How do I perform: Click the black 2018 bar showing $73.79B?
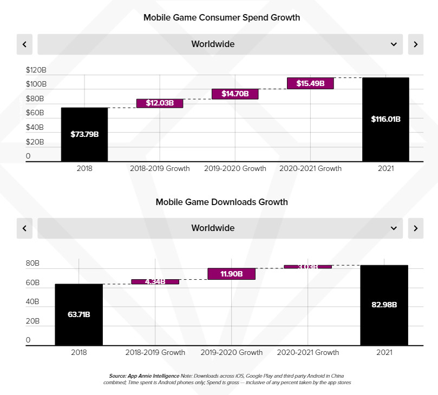point(84,134)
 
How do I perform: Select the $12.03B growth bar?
point(159,103)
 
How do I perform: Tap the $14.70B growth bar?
point(235,94)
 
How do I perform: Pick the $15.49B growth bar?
point(310,83)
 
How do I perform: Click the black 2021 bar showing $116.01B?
point(385,119)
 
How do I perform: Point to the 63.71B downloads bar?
point(79,314)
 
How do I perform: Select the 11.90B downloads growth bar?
point(231,274)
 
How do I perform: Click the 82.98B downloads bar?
point(384,305)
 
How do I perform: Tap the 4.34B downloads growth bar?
point(155,281)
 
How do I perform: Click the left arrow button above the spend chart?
point(25,44)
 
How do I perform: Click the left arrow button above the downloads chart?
point(25,228)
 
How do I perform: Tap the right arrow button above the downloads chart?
point(415,228)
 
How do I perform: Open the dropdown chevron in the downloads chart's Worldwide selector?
point(394,228)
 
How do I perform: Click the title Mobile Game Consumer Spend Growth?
point(221,18)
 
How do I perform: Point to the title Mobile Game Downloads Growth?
point(221,202)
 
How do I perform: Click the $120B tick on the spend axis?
point(36,70)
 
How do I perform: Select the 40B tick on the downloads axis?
point(32,302)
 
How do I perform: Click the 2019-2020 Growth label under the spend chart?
point(235,168)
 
